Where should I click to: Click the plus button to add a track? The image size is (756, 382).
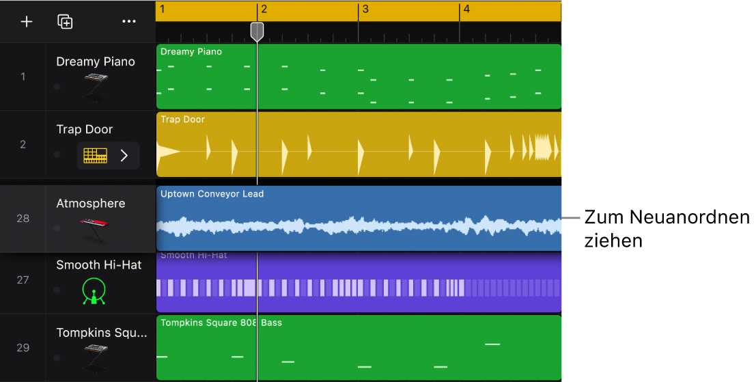pos(27,22)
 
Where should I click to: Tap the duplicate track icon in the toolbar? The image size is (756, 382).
pos(65,22)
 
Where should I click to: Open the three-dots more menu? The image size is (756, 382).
pos(129,22)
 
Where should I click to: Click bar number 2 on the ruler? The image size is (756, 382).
pos(264,10)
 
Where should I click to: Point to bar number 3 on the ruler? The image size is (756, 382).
pos(365,10)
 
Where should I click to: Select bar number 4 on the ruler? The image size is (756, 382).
pos(466,10)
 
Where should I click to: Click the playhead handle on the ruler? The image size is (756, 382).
pos(257,31)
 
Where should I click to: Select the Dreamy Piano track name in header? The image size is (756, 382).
pos(96,62)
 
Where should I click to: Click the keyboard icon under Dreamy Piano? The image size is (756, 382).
pos(96,86)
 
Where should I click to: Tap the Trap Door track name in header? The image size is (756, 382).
pos(85,129)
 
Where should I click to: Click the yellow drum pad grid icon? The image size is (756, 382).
pos(96,156)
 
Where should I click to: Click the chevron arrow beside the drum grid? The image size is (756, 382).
pos(124,156)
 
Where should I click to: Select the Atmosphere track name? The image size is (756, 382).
pos(91,203)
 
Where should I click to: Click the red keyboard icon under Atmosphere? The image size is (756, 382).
pos(96,228)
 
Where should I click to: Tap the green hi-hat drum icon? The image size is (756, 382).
pos(94,290)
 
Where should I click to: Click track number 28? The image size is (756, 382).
pos(23,218)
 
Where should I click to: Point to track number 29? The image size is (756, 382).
pos(23,347)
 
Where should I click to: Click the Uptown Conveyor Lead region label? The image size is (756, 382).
pos(212,194)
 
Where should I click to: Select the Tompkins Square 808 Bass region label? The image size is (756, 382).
pos(221,323)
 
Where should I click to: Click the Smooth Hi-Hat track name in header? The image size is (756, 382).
pos(99,264)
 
